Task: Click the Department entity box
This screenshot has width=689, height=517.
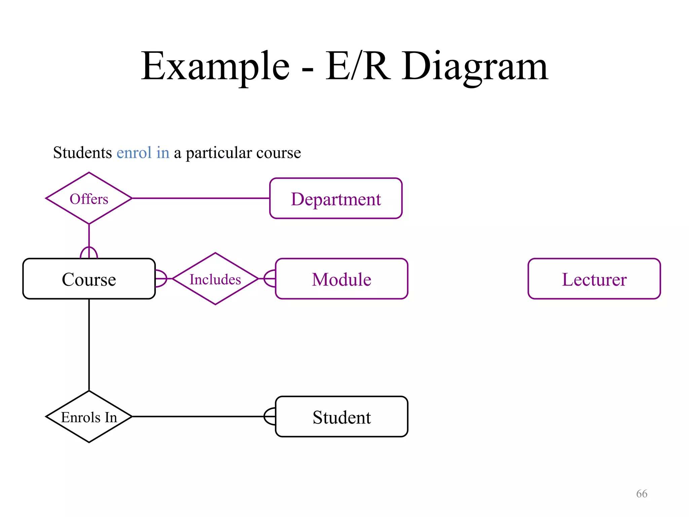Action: [336, 199]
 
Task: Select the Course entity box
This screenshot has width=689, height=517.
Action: [89, 279]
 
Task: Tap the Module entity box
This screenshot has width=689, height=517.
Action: [341, 279]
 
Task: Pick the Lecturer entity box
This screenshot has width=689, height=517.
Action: [594, 279]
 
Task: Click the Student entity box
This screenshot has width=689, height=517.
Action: [341, 417]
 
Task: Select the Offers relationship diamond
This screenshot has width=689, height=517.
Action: [89, 199]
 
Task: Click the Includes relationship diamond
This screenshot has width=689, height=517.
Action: [215, 279]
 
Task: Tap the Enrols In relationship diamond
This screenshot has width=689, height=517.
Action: [89, 417]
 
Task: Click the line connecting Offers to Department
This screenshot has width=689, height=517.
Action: [201, 198]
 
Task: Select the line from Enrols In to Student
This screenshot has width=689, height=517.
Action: [198, 416]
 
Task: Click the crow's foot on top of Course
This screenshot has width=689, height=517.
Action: [89, 252]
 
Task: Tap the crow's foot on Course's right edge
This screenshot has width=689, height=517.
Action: [161, 279]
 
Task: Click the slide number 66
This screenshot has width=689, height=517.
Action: [642, 494]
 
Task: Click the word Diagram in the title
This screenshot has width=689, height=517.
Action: [475, 66]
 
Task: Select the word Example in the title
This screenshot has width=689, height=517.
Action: [215, 66]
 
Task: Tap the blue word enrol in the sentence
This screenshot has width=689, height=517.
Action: [134, 153]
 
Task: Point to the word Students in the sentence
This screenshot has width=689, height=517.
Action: [82, 153]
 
